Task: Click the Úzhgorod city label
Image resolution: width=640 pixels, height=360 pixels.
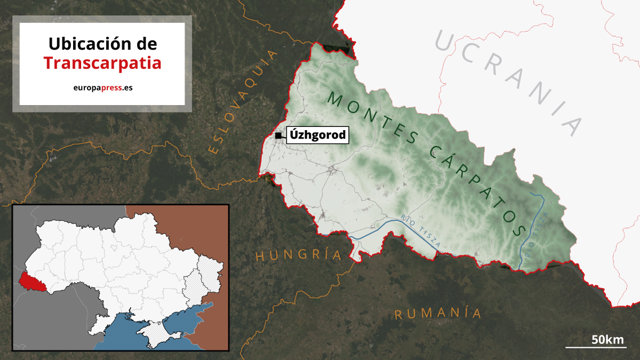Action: coord(317,135)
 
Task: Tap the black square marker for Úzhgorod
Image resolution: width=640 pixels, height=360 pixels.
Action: coord(279,135)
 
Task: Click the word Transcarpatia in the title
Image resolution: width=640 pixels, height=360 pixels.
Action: coord(102,62)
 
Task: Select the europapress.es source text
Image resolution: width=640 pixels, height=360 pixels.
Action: coord(102,89)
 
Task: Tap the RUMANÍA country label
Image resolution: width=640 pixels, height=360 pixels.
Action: coord(438,314)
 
